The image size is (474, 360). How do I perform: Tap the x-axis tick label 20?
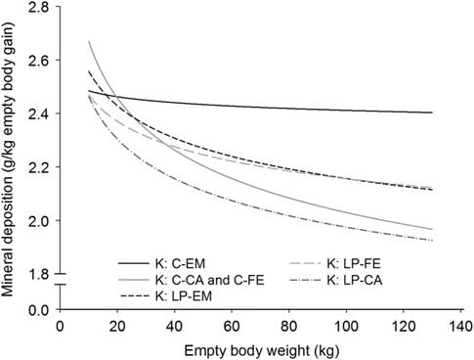click(115, 327)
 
